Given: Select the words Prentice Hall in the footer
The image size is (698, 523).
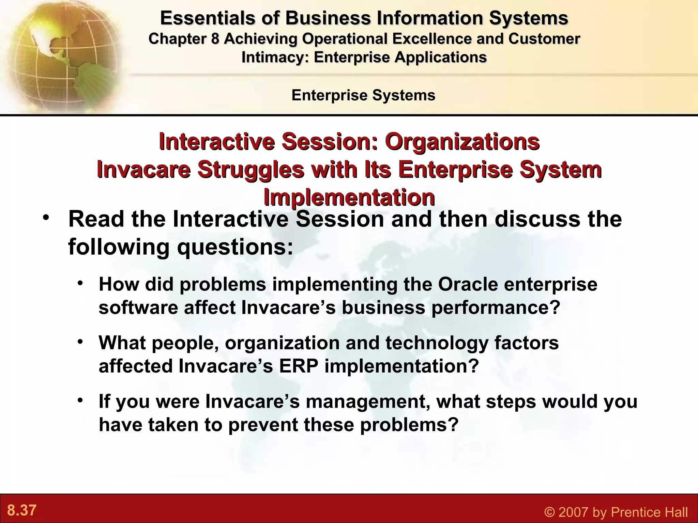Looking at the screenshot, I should tap(648, 512).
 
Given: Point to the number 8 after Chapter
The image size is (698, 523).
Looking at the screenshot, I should tap(215, 39).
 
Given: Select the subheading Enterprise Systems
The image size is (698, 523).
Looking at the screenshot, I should tap(363, 95).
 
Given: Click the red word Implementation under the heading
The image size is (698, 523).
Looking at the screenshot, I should tap(349, 197).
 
